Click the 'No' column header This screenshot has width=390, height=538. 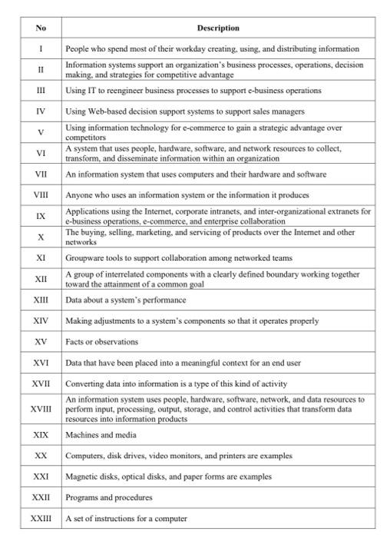pyautogui.click(x=41, y=28)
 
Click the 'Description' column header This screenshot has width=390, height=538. pyautogui.click(x=217, y=28)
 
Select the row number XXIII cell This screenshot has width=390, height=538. pyautogui.click(x=41, y=518)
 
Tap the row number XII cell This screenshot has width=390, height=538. pyautogui.click(x=41, y=278)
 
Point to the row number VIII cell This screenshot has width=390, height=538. pyautogui.click(x=41, y=195)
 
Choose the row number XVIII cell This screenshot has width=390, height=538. pyautogui.click(x=41, y=410)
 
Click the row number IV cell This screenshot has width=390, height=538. pyautogui.click(x=41, y=111)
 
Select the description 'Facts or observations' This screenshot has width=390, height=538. pyautogui.click(x=102, y=341)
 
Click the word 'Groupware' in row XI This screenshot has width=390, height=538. pyautogui.click(x=84, y=258)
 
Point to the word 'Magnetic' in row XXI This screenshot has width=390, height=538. pyautogui.click(x=81, y=477)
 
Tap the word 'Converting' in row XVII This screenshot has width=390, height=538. pyautogui.click(x=84, y=383)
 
